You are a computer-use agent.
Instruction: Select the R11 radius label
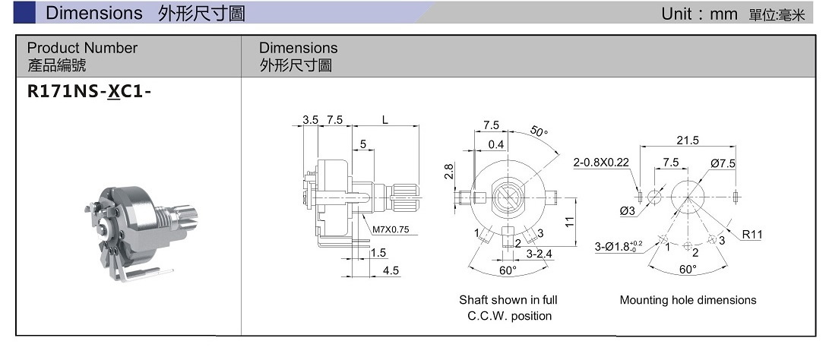point(751,235)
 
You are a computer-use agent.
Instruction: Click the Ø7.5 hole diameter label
point(723,163)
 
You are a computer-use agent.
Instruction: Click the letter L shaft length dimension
point(385,120)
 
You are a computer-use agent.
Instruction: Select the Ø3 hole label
point(627,210)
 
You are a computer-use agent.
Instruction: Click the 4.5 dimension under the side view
point(391,270)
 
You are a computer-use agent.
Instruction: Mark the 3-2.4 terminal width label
point(539,254)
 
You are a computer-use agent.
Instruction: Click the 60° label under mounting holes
point(687,270)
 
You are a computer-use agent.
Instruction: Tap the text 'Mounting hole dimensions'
point(688,300)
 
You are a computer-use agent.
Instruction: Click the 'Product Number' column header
point(82,48)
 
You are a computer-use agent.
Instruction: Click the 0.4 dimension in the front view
point(496,144)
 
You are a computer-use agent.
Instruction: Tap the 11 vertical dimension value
point(568,222)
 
